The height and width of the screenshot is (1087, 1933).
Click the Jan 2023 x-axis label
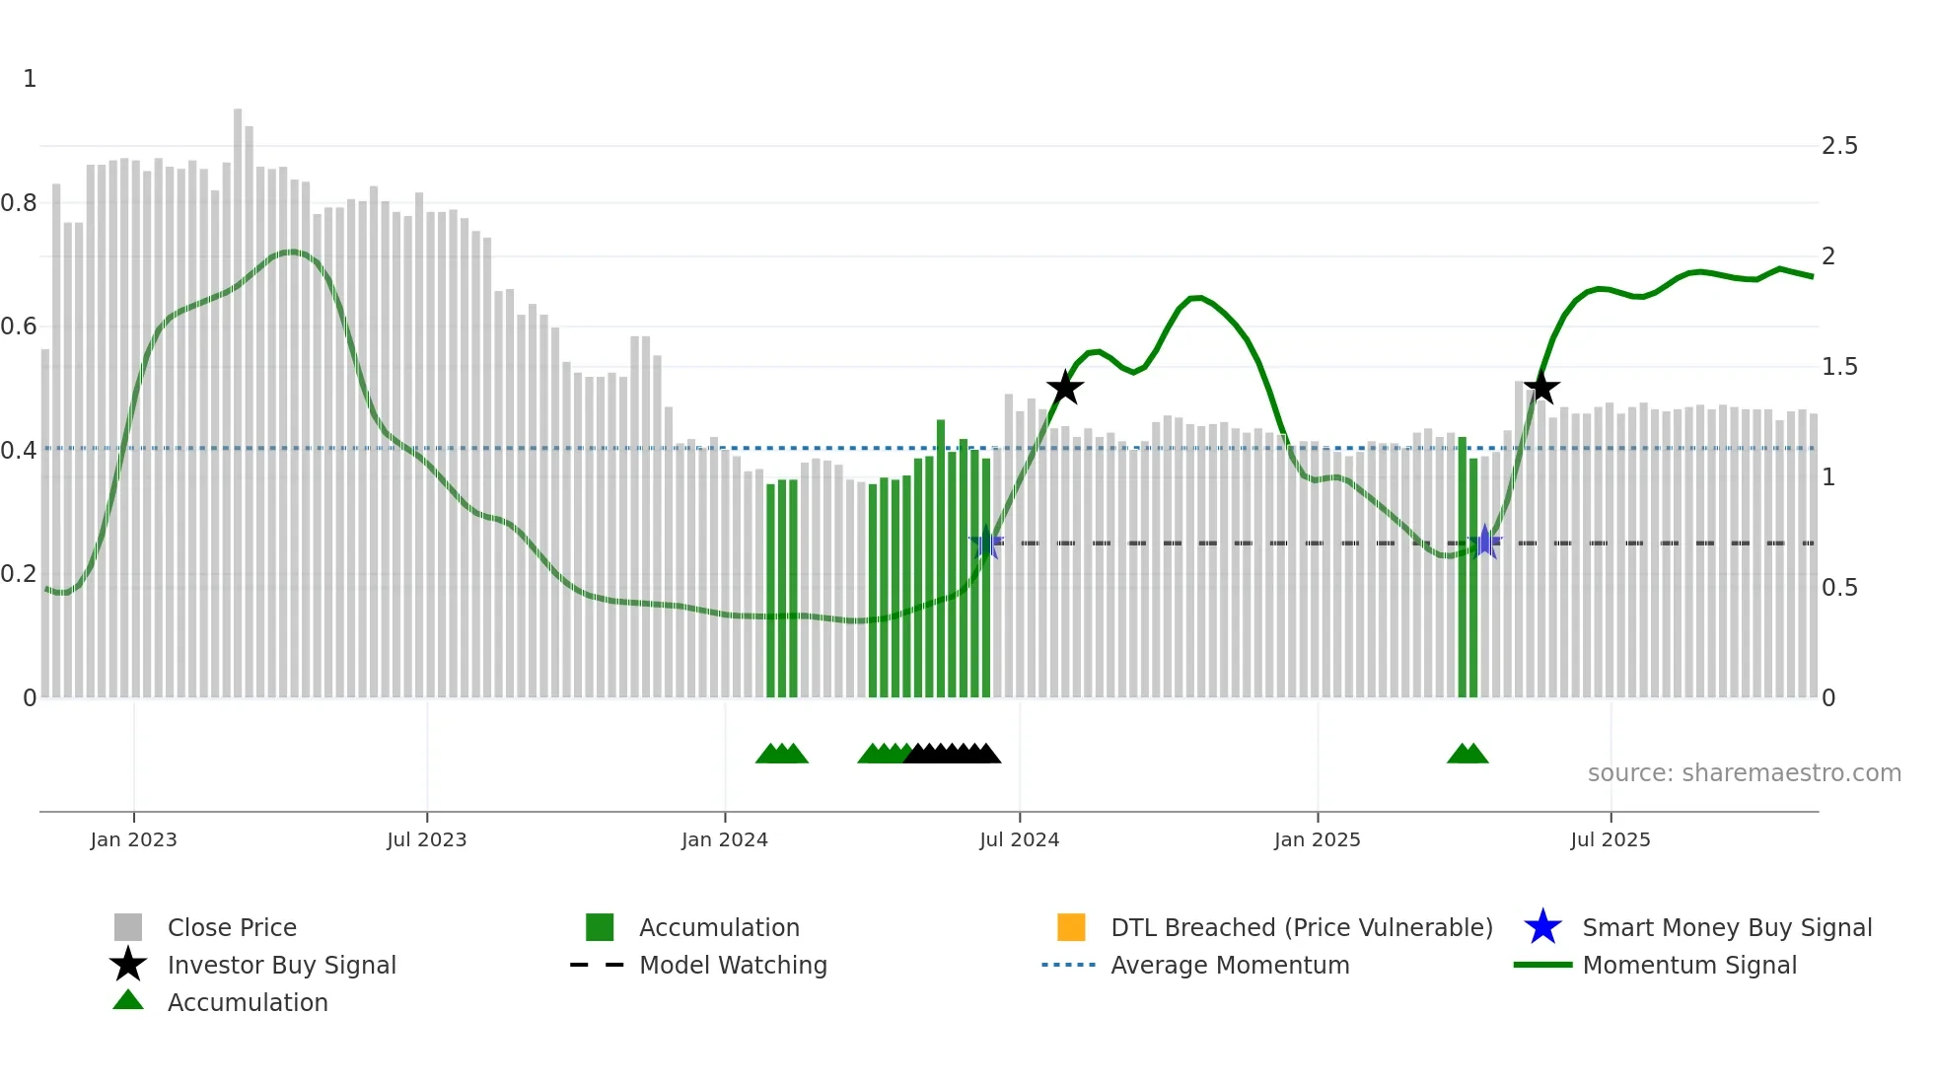[133, 839]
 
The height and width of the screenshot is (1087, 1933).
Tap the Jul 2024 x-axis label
[1019, 839]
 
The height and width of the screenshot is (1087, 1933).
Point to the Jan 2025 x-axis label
[1317, 839]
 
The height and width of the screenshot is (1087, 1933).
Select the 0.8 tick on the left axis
[20, 203]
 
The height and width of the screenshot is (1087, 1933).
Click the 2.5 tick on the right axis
[1839, 146]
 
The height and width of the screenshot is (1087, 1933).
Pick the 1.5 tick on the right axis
[1839, 367]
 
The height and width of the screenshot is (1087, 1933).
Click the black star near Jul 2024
[1065, 388]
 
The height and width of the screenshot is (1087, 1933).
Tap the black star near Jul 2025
[1541, 388]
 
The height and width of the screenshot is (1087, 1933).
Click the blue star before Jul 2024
[986, 543]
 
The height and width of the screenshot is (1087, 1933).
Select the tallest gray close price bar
[238, 395]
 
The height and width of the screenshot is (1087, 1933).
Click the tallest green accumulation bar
[941, 552]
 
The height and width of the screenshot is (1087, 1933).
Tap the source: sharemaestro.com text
[1744, 773]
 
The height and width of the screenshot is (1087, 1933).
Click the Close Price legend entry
[232, 927]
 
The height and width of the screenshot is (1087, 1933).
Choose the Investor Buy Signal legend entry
[281, 965]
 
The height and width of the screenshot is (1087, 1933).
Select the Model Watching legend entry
[732, 965]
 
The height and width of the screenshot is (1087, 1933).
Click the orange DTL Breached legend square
[1071, 927]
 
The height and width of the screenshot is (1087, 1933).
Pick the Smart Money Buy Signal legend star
[1542, 927]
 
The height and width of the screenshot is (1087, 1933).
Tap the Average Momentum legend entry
[1229, 965]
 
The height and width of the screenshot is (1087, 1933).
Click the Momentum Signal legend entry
[1688, 965]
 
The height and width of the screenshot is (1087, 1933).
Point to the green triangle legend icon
[128, 1001]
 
